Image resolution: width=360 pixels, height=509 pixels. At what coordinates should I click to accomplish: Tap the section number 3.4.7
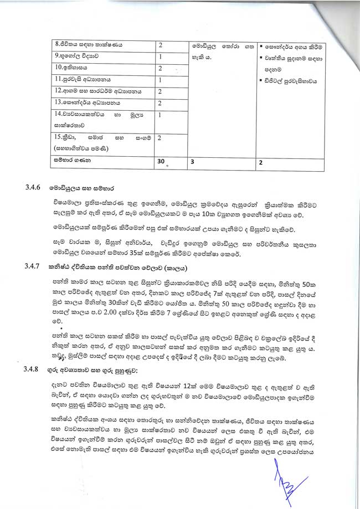tap(33, 266)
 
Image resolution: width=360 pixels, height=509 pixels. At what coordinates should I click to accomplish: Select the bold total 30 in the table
tap(162, 162)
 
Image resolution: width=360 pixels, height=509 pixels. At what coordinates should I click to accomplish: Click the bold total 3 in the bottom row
tap(192, 162)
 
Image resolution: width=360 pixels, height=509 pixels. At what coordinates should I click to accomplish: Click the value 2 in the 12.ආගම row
tap(160, 91)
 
